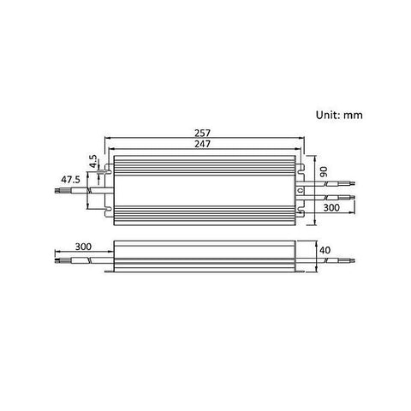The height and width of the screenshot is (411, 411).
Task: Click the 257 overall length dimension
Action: click(202, 134)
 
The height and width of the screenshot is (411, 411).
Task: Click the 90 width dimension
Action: click(324, 173)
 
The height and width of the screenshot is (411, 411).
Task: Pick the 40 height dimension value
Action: click(324, 251)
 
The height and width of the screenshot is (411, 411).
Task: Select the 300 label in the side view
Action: click(82, 246)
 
